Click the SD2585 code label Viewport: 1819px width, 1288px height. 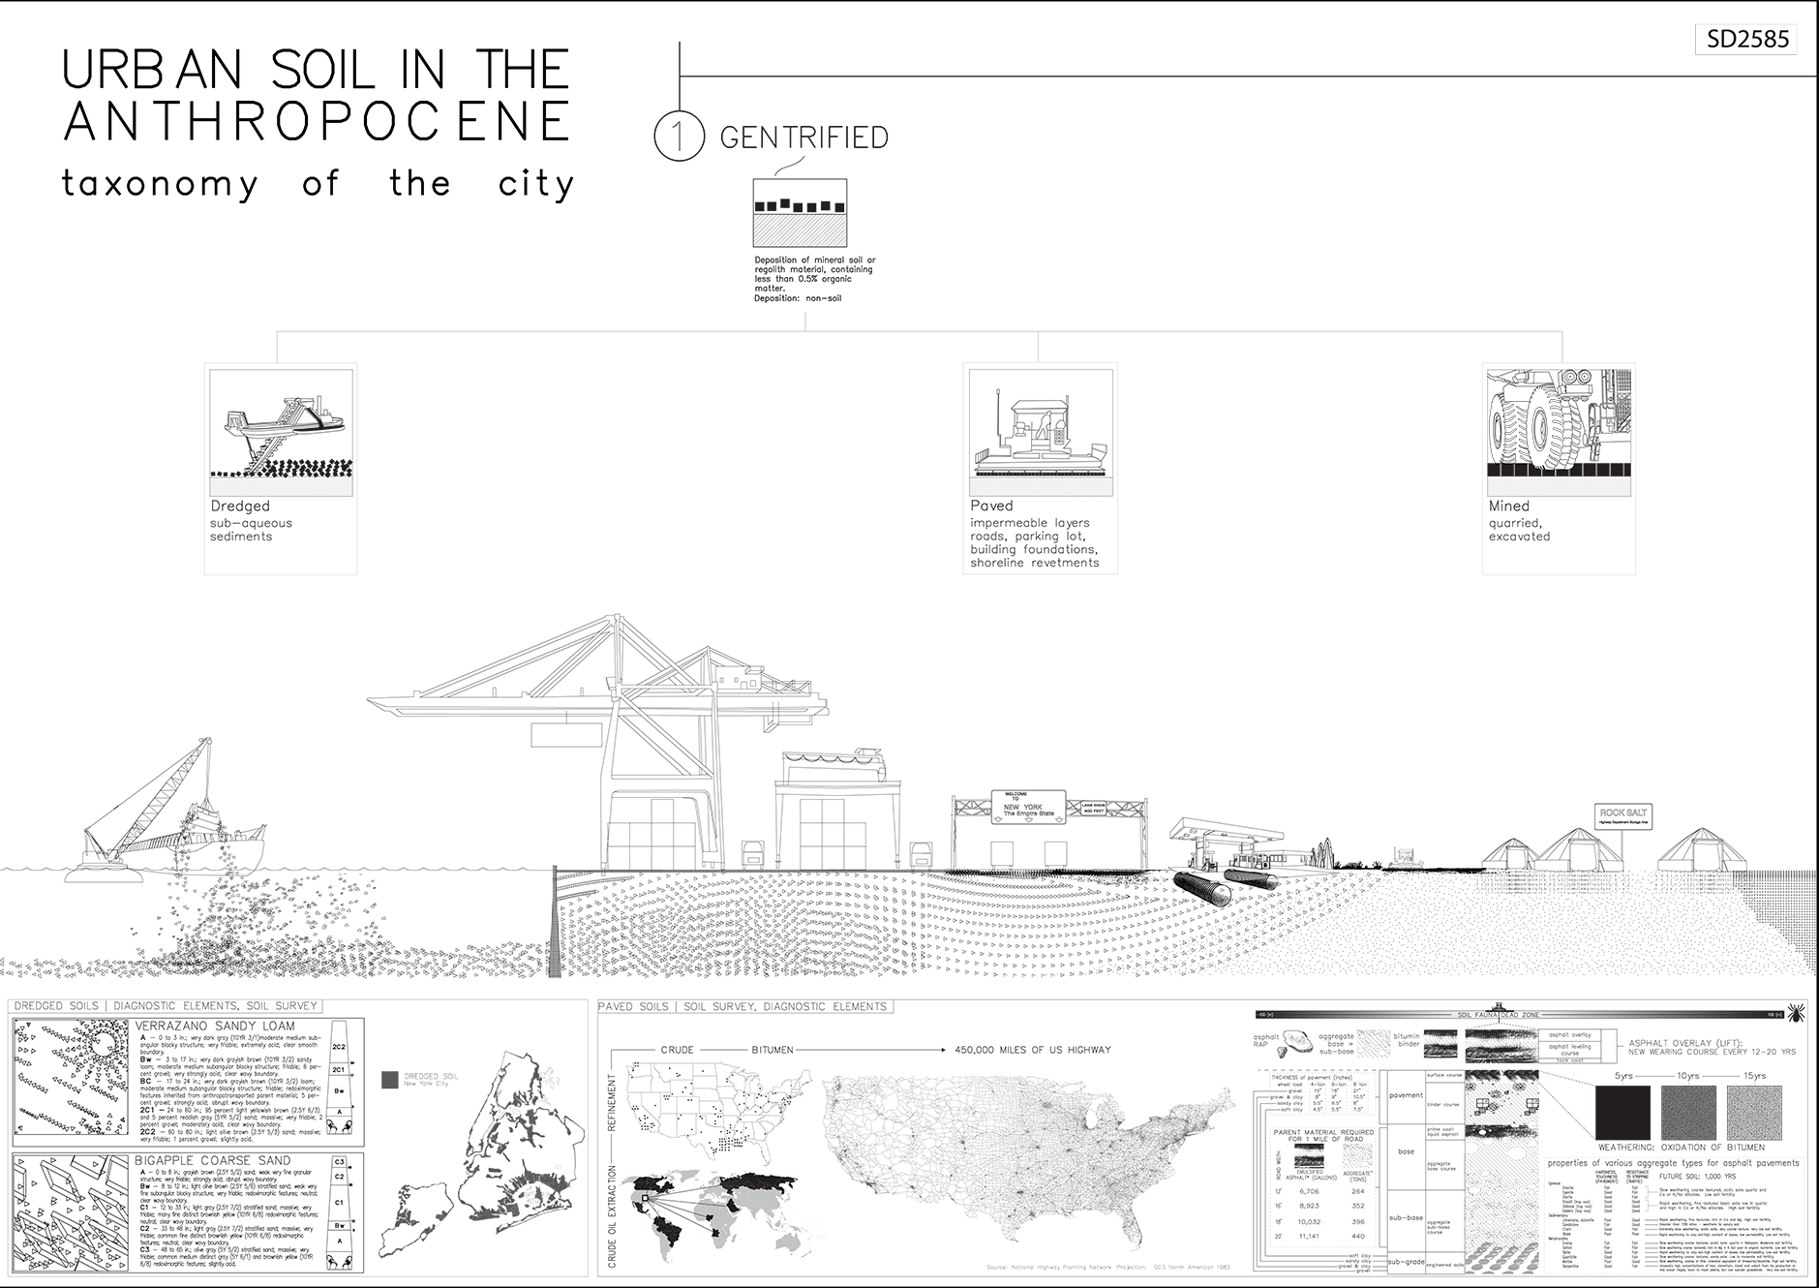(1749, 41)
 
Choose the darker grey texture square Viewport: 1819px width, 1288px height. (1688, 1113)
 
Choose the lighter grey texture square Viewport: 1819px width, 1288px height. (1754, 1113)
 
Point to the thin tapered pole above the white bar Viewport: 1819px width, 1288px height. (555, 920)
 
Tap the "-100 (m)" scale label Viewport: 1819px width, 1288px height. (1264, 1015)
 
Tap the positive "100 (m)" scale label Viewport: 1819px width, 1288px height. (1774, 1015)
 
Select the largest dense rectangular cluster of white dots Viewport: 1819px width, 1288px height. (1501, 1211)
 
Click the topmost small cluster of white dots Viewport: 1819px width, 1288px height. (1374, 1040)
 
